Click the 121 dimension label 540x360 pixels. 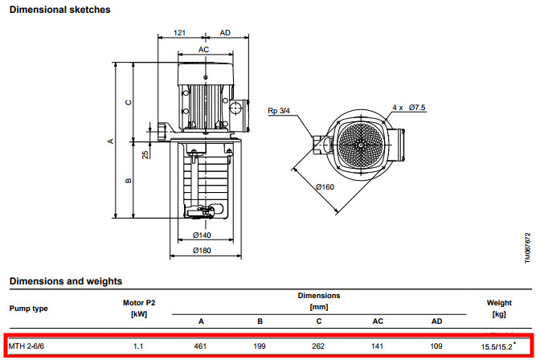point(179,33)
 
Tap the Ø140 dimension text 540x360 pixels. point(202,235)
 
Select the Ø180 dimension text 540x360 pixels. point(202,251)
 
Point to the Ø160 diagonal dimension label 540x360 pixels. point(325,187)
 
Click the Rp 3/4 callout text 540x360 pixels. point(279,111)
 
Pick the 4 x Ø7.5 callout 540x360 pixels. point(409,108)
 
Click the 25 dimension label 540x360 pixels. point(145,154)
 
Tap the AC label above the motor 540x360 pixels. point(203,50)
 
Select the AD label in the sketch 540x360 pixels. point(225,33)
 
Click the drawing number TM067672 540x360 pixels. point(528,248)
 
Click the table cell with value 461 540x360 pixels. point(200,346)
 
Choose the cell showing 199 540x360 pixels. point(260,346)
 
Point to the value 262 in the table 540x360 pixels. point(318,346)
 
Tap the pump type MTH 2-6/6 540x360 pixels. point(27,346)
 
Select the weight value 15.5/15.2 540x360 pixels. point(497,346)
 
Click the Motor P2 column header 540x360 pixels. point(139,303)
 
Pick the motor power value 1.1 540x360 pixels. point(138,346)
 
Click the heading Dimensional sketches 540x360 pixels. point(60,10)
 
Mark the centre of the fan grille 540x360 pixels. point(361,145)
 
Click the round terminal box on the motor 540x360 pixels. point(235,108)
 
